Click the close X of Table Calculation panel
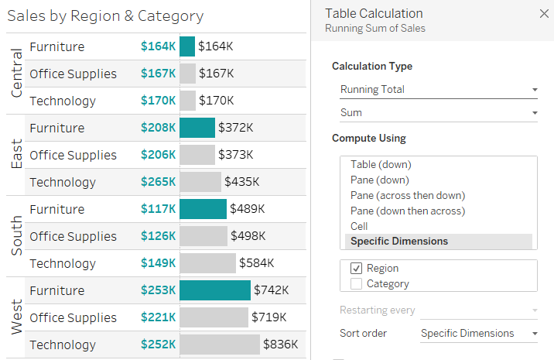coord(543,14)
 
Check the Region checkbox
coord(357,268)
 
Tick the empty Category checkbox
coord(357,283)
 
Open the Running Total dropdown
coord(438,90)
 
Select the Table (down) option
coord(381,164)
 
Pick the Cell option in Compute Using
coord(359,226)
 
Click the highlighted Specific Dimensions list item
coord(399,242)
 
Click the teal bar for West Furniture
coord(215,290)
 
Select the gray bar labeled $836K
coord(220,345)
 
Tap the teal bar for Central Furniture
coord(187,46)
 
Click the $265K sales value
coord(158,182)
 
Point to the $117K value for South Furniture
coord(158,209)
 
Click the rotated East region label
coord(16,155)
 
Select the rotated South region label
coord(16,236)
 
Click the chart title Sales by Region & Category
coord(105,16)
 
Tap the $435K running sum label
coord(241,182)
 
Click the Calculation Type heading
coord(372,67)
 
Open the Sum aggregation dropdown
coord(438,113)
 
